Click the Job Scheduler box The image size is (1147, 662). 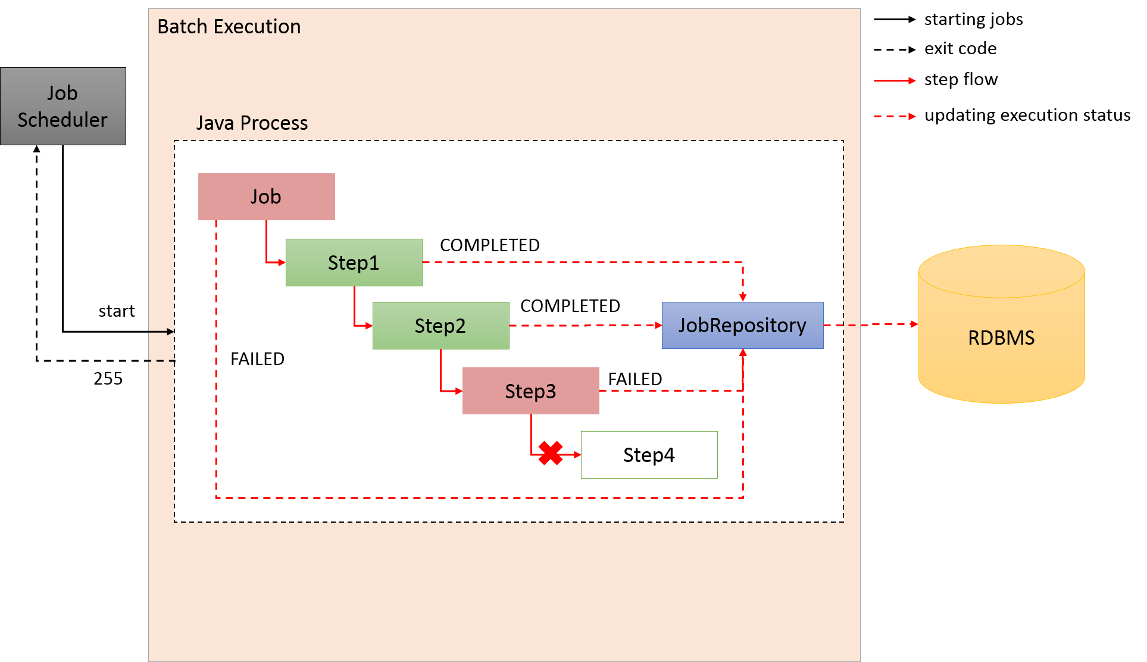62,106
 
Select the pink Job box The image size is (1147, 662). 266,196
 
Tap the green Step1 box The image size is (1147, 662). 354,263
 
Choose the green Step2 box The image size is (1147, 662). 440,326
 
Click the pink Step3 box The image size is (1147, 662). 530,391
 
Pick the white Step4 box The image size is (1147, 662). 649,455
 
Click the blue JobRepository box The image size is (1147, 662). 742,325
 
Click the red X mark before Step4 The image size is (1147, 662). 551,453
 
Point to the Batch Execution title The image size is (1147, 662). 229,27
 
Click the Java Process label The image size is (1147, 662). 252,123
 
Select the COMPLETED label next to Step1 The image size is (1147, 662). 489,245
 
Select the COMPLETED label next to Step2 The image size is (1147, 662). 570,306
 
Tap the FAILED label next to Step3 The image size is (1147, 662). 635,379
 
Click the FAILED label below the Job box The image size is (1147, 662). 257,359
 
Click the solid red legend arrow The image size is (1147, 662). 895,80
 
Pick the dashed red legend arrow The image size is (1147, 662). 895,116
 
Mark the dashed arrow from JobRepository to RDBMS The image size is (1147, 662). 871,325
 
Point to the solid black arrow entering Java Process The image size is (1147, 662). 161,331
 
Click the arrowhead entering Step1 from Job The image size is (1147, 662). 282,263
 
